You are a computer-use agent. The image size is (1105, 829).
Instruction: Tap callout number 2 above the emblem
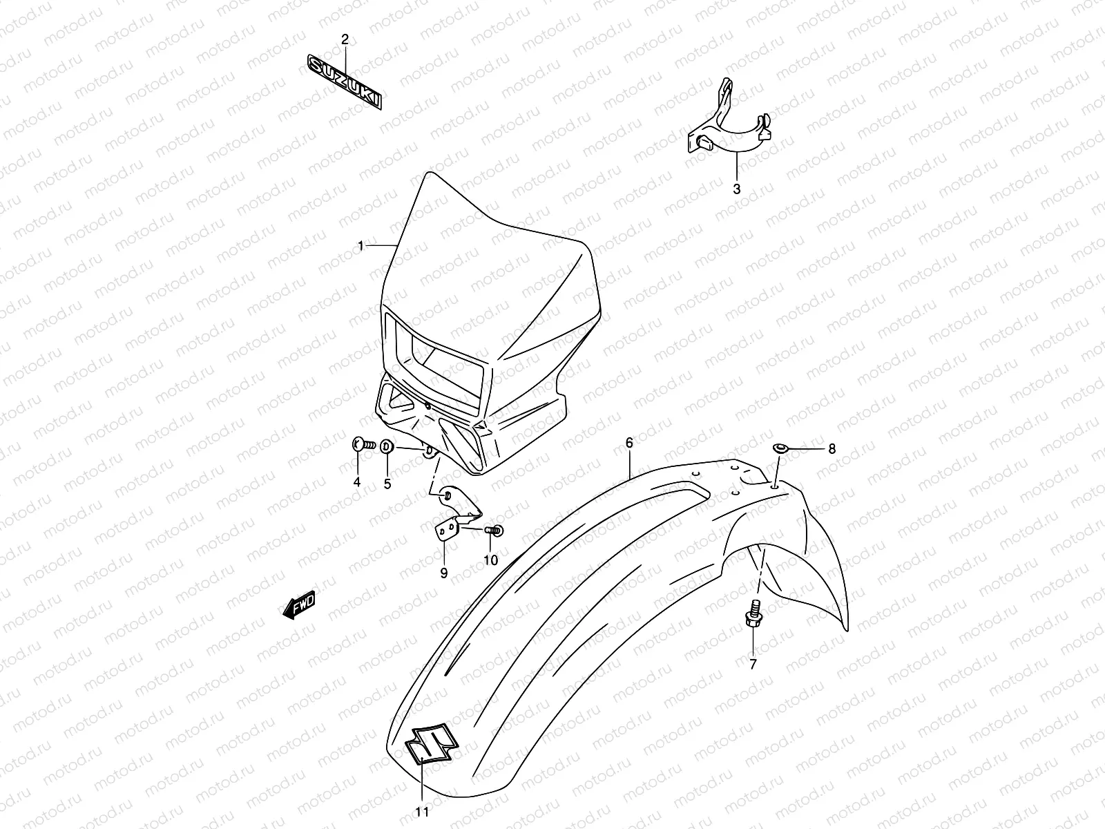[345, 40]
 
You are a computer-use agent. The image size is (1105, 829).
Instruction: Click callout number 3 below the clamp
[736, 189]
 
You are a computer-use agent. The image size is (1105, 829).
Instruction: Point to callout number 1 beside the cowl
[361, 246]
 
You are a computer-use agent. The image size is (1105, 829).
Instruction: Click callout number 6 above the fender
[629, 443]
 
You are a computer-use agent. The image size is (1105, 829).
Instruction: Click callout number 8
[832, 449]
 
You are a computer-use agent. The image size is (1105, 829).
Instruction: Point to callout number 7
[753, 665]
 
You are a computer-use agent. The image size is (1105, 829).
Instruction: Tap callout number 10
[490, 560]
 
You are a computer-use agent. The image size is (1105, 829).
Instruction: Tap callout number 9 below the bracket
[443, 573]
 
